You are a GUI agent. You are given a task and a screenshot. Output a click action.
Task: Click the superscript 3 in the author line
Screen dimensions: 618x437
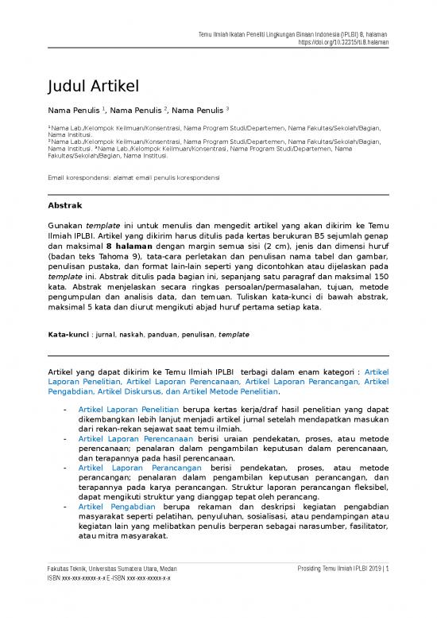(227, 107)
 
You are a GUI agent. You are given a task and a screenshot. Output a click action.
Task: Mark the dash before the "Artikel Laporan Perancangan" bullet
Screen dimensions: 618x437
(64, 468)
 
